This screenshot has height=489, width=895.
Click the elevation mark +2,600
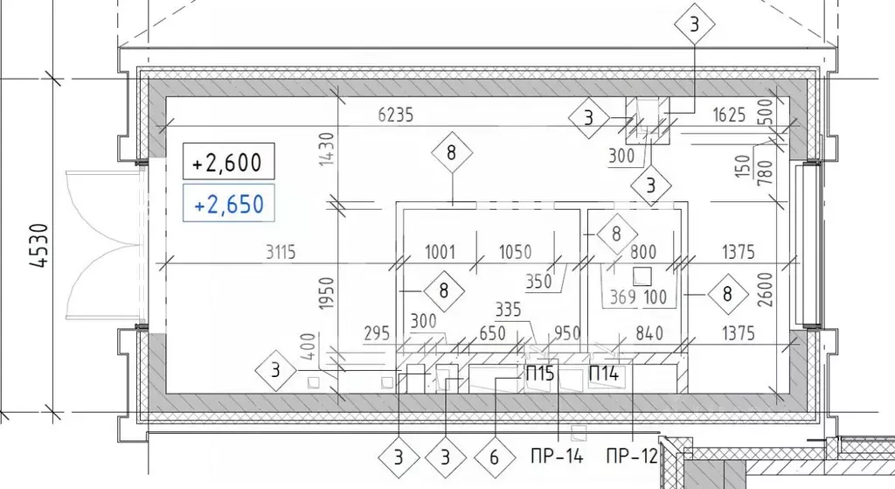(228, 162)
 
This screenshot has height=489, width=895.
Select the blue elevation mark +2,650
(228, 203)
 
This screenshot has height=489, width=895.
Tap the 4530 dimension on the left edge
(40, 246)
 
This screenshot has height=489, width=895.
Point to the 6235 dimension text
(396, 115)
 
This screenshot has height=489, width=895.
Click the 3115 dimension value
(281, 252)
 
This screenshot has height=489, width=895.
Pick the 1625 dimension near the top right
(729, 115)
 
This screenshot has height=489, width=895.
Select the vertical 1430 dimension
(326, 149)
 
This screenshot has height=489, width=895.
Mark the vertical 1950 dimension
(326, 293)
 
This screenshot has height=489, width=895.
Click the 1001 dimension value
(441, 252)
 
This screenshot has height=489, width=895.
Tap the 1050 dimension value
(515, 252)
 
